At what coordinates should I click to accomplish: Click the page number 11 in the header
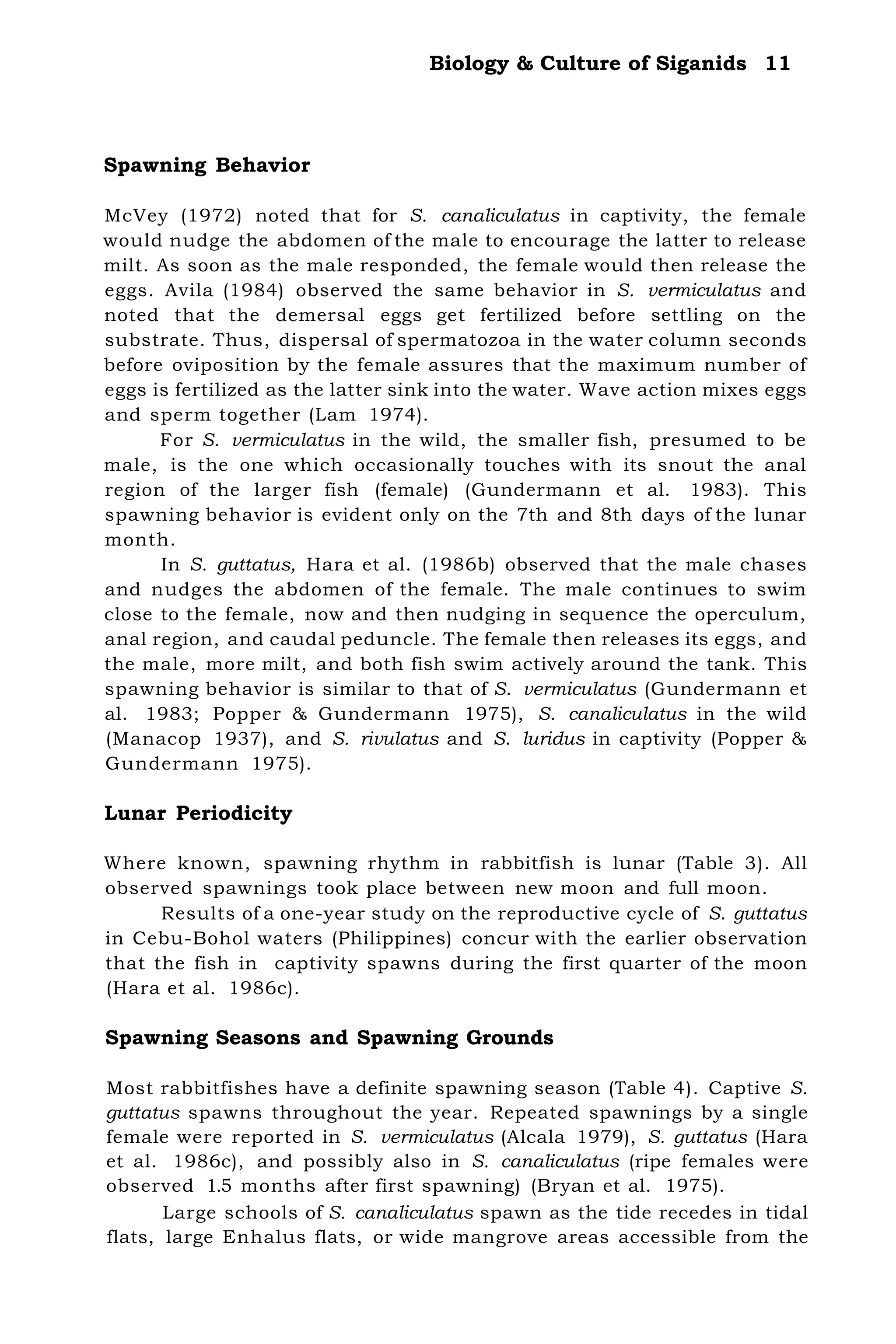tap(778, 63)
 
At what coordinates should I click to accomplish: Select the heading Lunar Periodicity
tap(198, 813)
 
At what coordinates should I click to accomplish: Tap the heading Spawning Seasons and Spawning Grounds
tap(329, 1038)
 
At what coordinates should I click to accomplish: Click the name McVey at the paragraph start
tap(136, 216)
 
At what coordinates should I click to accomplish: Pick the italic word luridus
tap(554, 739)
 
